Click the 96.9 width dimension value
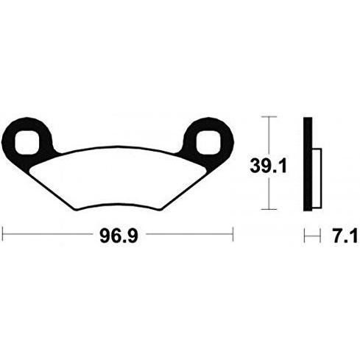pyautogui.click(x=119, y=236)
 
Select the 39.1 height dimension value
pyautogui.click(x=268, y=166)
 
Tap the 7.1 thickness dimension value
pyautogui.click(x=345, y=236)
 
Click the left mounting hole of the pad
pyautogui.click(x=27, y=143)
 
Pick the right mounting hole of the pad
pyautogui.click(x=208, y=143)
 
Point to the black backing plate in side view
pyautogui.click(x=308, y=164)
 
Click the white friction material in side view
pyautogui.click(x=317, y=178)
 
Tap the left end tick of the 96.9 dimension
pyautogui.click(x=2, y=234)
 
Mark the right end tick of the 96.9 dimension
pyautogui.click(x=233, y=234)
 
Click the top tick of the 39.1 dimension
pyautogui.click(x=269, y=116)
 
